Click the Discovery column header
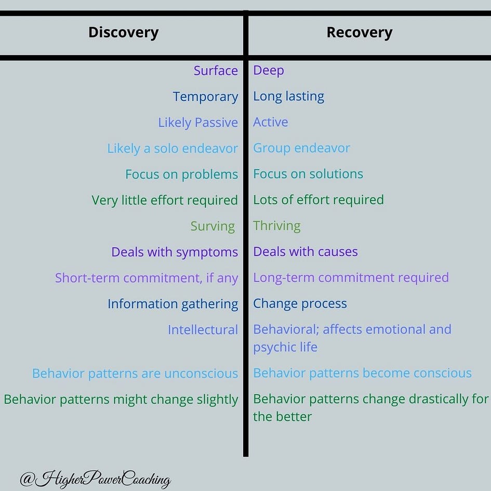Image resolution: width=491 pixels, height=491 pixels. [x=123, y=33]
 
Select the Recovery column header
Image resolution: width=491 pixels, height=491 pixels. [x=359, y=33]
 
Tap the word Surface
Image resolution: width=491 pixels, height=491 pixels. [x=216, y=71]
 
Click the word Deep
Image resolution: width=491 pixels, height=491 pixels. [x=268, y=70]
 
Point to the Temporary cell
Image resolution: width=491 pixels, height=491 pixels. [x=205, y=97]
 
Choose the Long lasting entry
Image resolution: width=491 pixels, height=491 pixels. [x=288, y=96]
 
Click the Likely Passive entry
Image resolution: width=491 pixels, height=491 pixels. [x=198, y=123]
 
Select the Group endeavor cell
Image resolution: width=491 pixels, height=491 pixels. [x=301, y=148]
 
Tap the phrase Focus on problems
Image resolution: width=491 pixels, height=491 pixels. [x=181, y=175]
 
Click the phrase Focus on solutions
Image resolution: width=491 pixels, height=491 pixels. [x=308, y=174]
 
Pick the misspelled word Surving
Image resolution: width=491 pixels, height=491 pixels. [x=213, y=227]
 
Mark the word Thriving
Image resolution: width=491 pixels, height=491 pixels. [x=276, y=226]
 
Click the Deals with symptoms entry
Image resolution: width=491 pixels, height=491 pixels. [x=175, y=253]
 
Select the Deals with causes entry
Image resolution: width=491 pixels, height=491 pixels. [x=306, y=252]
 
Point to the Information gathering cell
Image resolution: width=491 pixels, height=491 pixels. [x=172, y=304]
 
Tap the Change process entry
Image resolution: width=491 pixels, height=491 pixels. [x=300, y=303]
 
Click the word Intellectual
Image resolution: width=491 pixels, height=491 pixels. [x=203, y=330]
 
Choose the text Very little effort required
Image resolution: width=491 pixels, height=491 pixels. [x=165, y=201]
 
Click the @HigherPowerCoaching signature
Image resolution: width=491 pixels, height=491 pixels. [x=95, y=479]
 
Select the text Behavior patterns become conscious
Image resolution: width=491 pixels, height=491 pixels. [x=362, y=373]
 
